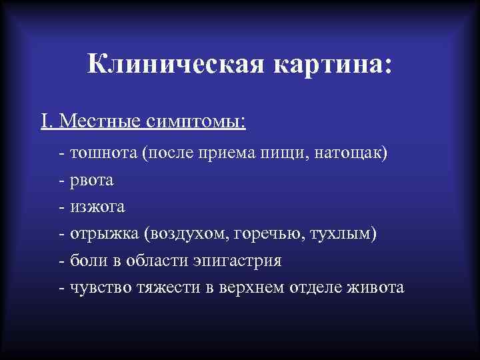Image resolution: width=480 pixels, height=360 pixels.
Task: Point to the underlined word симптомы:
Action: click(193, 121)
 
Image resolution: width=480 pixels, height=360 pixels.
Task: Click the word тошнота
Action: click(103, 153)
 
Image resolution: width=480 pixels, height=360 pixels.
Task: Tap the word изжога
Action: click(97, 207)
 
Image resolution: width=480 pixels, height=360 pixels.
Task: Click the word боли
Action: click(85, 260)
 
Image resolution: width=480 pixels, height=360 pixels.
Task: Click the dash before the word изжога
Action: click(62, 207)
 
